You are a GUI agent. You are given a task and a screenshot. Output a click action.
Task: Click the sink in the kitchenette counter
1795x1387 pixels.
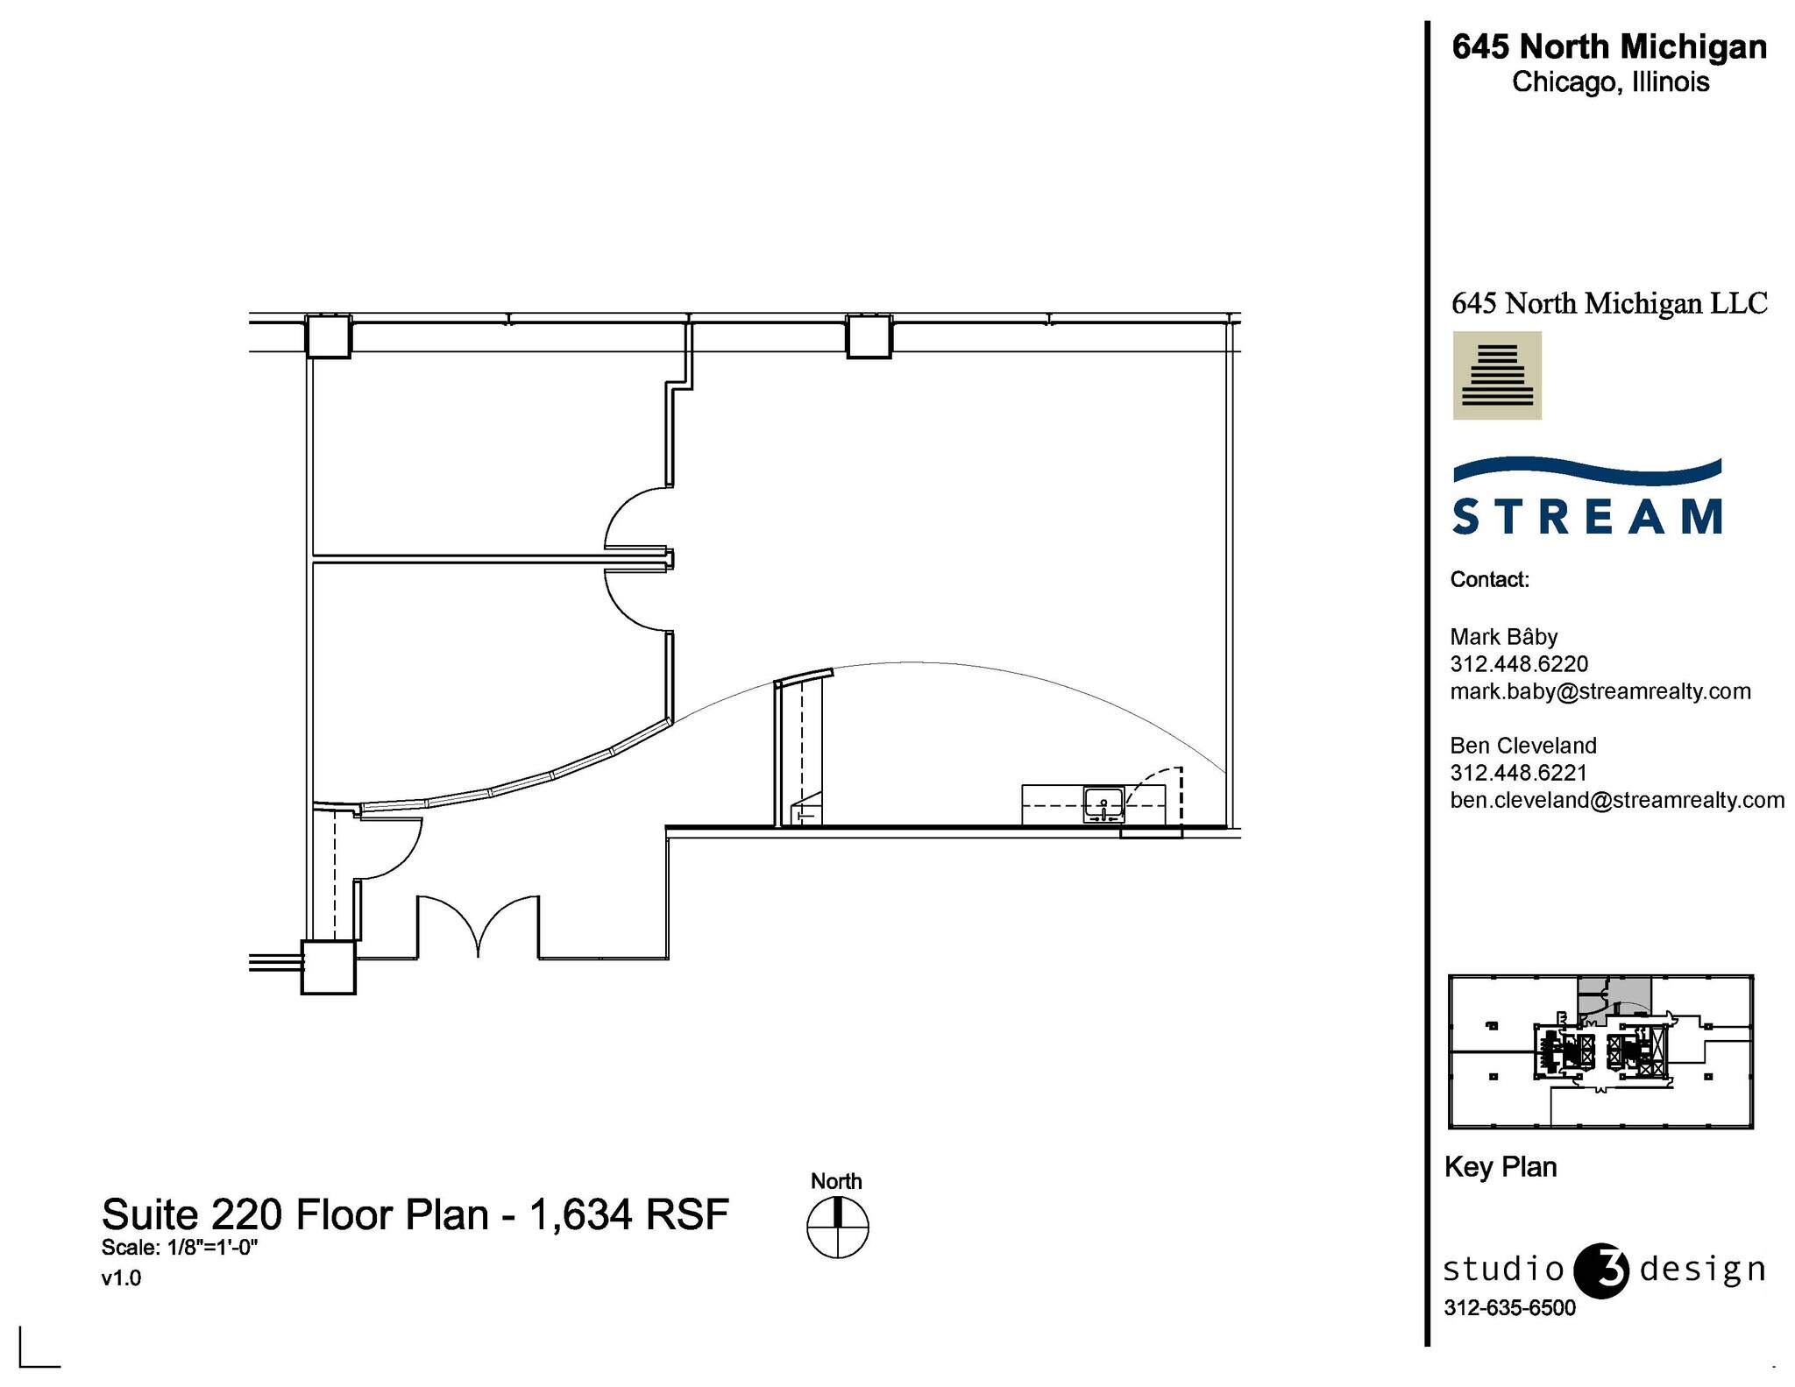(x=1103, y=804)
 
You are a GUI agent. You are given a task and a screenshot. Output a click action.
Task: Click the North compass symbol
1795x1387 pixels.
(x=837, y=1227)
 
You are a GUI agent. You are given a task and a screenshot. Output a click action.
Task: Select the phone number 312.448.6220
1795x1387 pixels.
(x=1519, y=664)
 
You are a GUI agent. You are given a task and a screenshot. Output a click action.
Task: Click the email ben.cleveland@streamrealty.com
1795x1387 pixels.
(x=1616, y=800)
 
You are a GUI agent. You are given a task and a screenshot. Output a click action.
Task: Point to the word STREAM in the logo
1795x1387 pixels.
(x=1587, y=516)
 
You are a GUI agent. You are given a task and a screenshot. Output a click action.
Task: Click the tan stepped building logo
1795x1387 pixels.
(x=1497, y=375)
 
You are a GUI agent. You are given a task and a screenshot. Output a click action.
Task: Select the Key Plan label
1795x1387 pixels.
(x=1500, y=1167)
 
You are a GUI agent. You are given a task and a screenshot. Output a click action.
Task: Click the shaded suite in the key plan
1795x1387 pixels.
(x=1614, y=994)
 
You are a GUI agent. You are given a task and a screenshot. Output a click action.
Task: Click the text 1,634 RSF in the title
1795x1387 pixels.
(x=628, y=1214)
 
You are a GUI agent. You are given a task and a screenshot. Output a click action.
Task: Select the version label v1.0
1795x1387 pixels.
(x=121, y=1277)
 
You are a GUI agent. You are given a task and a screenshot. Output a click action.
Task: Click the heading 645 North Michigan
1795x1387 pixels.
(x=1609, y=46)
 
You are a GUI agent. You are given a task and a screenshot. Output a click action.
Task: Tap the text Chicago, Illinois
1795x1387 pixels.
(x=1610, y=82)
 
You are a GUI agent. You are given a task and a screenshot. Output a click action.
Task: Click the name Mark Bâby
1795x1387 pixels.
(x=1503, y=637)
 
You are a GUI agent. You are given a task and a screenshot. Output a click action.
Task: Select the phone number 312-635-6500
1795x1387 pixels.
(x=1509, y=1307)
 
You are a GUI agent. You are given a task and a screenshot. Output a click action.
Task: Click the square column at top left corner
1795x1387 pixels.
(x=328, y=336)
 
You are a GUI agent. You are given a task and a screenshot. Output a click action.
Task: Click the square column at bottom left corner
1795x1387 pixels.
(x=329, y=967)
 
